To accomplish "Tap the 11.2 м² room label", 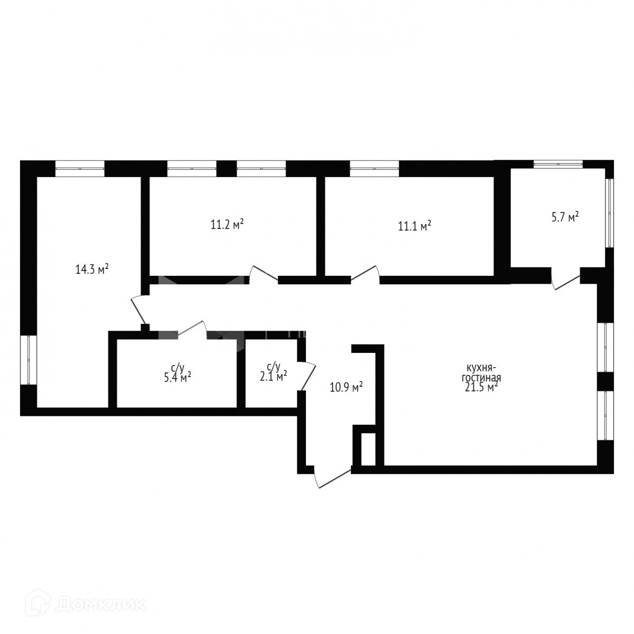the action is pos(227,225).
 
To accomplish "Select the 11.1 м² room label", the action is pos(414,226).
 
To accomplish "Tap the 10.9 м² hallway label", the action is pos(346,387).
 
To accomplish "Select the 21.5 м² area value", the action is pos(481,388).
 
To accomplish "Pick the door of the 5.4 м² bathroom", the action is pos(191,328).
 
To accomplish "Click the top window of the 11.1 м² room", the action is pos(375,168).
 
